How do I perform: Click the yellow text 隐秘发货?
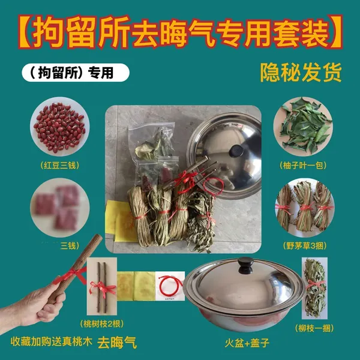pyautogui.click(x=301, y=73)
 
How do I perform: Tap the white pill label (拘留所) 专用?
pyautogui.click(x=76, y=73)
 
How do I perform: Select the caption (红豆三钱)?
pyautogui.click(x=59, y=166)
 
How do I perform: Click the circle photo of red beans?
pyautogui.click(x=59, y=127)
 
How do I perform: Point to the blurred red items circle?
pyautogui.click(x=59, y=208)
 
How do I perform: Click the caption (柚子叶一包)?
pyautogui.click(x=303, y=166)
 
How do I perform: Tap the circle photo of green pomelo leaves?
pyautogui.click(x=303, y=127)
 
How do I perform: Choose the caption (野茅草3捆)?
pyautogui.click(x=305, y=246)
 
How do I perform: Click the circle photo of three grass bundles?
pyautogui.click(x=305, y=208)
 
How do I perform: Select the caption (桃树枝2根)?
pyautogui.click(x=102, y=324)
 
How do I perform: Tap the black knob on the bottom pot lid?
pyautogui.click(x=245, y=265)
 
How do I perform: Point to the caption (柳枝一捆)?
pyautogui.click(x=314, y=329)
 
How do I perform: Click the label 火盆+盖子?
pyautogui.click(x=247, y=343)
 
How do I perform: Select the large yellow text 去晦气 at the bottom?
pyautogui.click(x=117, y=343)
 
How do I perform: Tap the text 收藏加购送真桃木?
pyautogui.click(x=52, y=341)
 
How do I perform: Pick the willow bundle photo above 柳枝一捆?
pyautogui.click(x=314, y=288)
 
